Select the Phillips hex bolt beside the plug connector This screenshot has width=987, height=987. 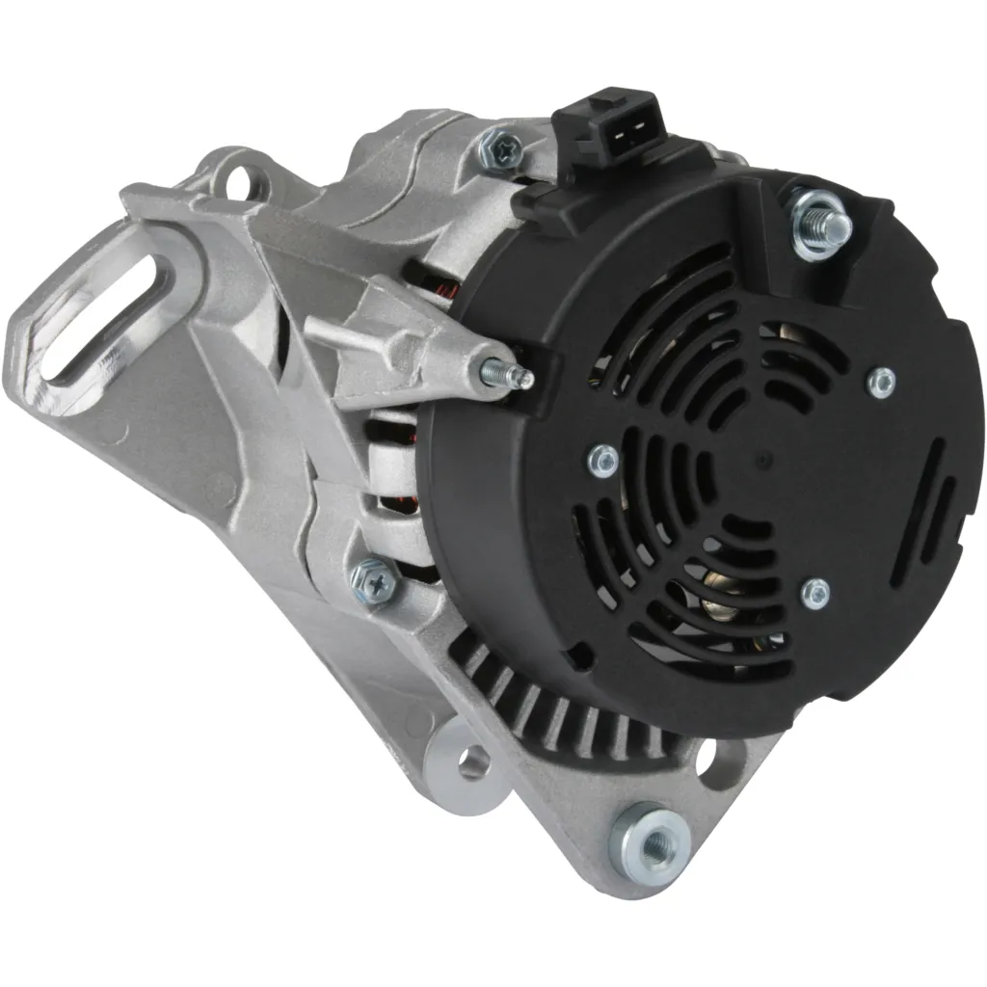[x=503, y=147]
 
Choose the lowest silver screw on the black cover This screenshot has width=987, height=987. [x=814, y=593]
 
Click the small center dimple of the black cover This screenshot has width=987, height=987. [x=762, y=461]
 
